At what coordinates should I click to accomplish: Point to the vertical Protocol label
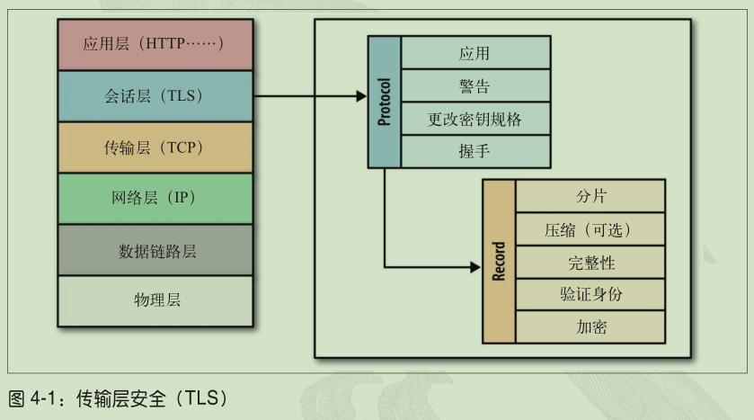pos(385,103)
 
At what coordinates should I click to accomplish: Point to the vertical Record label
pos(499,261)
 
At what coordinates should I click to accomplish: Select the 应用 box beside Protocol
pos(475,54)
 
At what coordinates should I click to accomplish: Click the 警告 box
pos(475,86)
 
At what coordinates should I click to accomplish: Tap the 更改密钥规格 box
pos(475,119)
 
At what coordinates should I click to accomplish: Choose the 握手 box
pos(475,151)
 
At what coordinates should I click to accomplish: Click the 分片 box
pos(590,195)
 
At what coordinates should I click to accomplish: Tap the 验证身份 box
pos(590,294)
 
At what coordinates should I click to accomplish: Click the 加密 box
pos(590,326)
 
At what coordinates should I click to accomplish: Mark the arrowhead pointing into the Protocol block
pos(361,95)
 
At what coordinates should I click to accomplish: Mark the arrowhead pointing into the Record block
pos(475,266)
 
